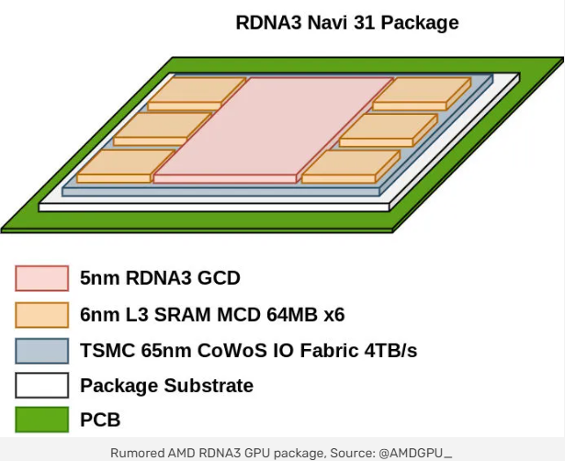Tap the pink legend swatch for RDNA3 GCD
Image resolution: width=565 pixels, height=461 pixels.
pyautogui.click(x=41, y=278)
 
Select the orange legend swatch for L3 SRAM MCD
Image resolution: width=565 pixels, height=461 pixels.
pyautogui.click(x=41, y=315)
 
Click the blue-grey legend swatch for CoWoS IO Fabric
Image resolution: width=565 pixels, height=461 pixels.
pyautogui.click(x=41, y=351)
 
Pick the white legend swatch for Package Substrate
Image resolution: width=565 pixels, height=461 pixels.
pyautogui.click(x=41, y=385)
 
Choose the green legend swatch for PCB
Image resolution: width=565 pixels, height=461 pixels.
pyautogui.click(x=41, y=420)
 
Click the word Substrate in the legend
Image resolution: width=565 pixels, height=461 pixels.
pyautogui.click(x=208, y=385)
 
